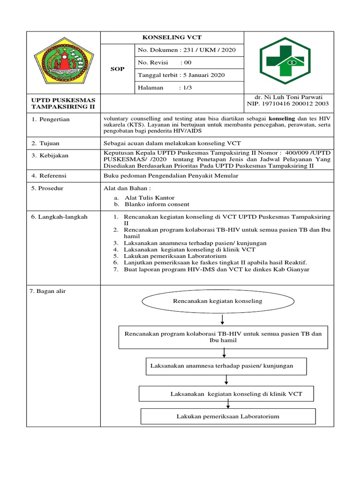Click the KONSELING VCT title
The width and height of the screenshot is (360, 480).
click(172, 37)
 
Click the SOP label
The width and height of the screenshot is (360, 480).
click(117, 69)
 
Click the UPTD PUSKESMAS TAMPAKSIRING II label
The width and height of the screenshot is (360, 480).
click(63, 104)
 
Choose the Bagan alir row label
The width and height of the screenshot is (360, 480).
click(48, 291)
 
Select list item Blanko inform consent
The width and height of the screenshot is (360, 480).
click(157, 204)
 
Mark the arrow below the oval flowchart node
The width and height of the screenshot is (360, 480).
click(222, 320)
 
